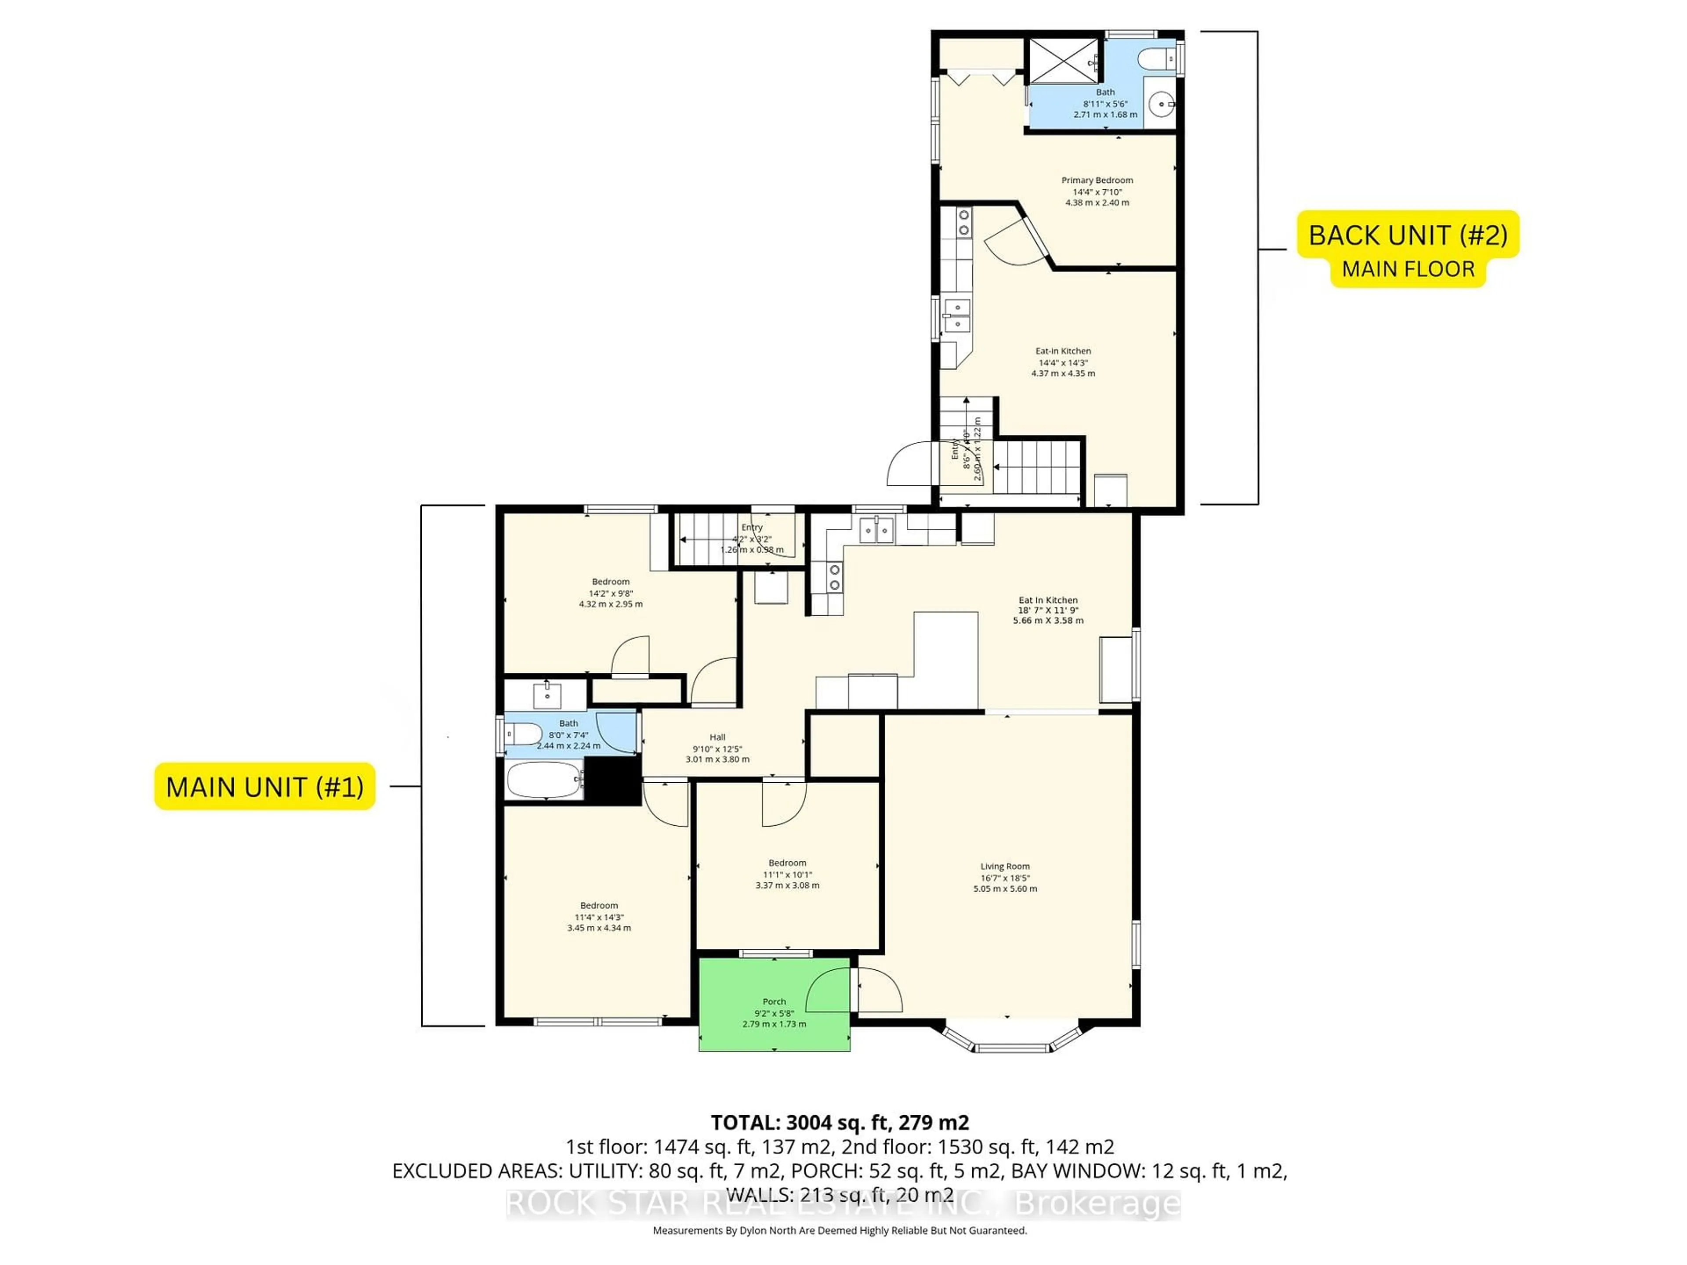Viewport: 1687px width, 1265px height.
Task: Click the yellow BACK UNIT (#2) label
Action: click(1408, 235)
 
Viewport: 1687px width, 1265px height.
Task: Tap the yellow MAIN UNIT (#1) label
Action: click(264, 786)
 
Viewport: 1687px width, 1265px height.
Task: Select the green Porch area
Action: click(774, 1005)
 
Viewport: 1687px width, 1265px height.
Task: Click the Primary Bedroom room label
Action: click(1097, 191)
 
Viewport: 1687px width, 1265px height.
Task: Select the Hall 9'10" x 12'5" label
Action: click(717, 748)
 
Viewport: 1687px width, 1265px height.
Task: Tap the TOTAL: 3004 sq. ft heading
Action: click(840, 1122)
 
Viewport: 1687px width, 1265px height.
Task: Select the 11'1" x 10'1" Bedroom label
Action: click(787, 874)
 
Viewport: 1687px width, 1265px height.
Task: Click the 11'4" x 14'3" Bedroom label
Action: click(599, 917)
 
